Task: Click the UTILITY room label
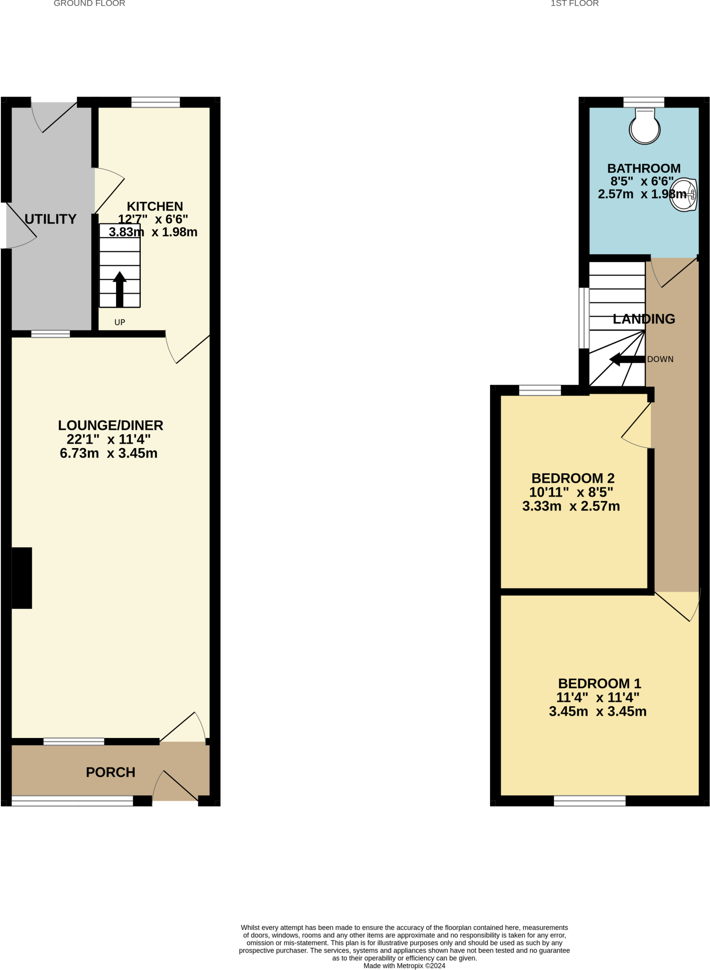coord(50,219)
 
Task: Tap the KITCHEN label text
coord(155,207)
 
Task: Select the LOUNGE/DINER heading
coord(110,425)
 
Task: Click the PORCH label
coord(110,772)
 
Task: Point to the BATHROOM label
coord(644,168)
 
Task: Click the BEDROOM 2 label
coord(573,478)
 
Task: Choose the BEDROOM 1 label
coord(599,683)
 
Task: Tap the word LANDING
coord(644,319)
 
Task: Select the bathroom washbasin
coord(684,194)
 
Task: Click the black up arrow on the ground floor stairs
coord(119,288)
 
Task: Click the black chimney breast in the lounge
coord(21,578)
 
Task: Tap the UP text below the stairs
coord(119,322)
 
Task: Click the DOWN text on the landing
coord(660,359)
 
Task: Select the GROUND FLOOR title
coord(89,3)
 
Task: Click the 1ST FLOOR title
coord(574,3)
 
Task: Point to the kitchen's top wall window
coord(155,102)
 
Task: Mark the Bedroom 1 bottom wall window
coord(590,800)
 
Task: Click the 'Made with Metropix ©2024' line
coord(404,966)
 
